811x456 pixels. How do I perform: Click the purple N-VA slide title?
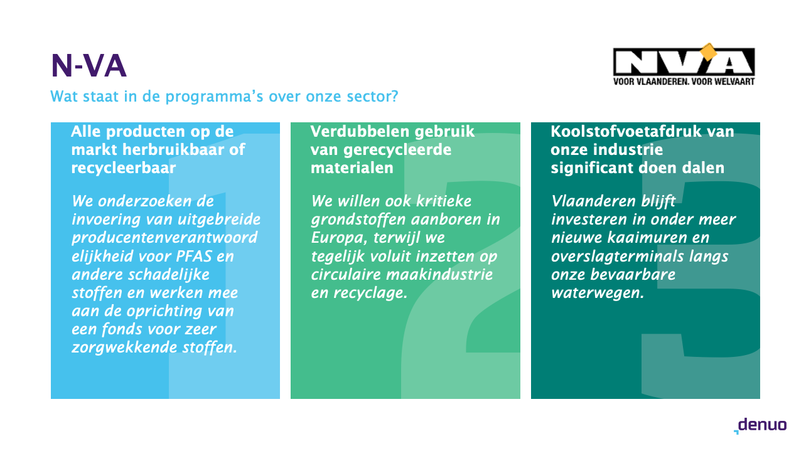[89, 66]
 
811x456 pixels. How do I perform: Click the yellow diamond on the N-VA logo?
[709, 53]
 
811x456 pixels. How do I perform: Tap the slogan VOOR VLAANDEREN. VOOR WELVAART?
[684, 82]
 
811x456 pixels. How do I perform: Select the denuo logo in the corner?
[760, 426]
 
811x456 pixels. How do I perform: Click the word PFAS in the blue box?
[194, 257]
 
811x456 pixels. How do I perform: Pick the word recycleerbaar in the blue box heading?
[124, 168]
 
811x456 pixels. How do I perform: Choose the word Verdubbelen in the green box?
[360, 131]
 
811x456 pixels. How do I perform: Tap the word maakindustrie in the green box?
[439, 274]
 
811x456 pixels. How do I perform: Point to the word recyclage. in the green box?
[370, 293]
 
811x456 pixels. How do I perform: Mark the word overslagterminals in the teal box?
[617, 257]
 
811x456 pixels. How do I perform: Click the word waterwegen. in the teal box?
[598, 293]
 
